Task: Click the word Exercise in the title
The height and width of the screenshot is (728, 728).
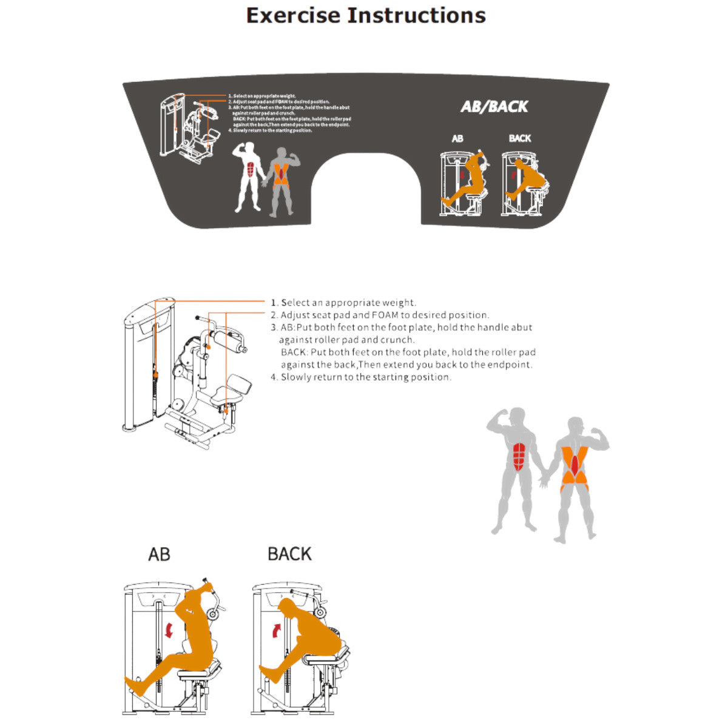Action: tap(292, 15)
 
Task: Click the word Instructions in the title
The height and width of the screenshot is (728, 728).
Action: tap(416, 15)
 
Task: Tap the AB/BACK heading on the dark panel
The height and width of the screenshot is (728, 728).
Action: tap(494, 107)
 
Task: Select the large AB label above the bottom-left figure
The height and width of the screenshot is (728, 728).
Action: tap(159, 554)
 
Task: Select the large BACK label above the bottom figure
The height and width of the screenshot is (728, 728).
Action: tap(289, 554)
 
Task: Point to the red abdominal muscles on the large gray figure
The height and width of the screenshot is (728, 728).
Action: tap(519, 456)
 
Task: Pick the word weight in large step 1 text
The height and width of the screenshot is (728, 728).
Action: tap(398, 303)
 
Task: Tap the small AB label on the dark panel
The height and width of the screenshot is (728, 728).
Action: tap(457, 139)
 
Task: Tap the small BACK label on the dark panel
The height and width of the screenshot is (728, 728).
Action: tap(520, 138)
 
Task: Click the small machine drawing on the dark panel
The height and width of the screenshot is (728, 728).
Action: tap(188, 127)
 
